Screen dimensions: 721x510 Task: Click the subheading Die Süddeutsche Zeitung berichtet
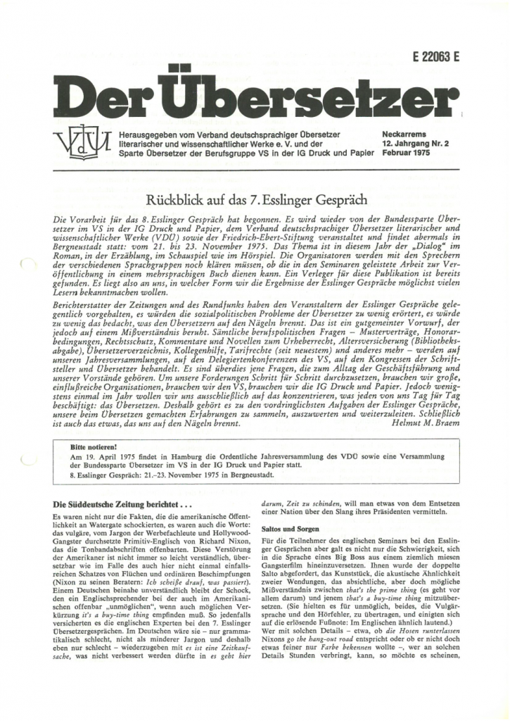click(x=103, y=504)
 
